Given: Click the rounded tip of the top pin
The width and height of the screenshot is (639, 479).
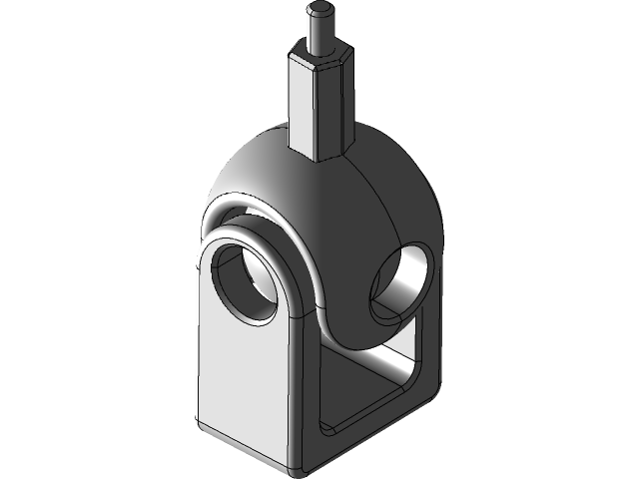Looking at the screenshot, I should tap(319, 12).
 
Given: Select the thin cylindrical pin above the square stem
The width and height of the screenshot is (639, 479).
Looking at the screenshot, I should tap(319, 33).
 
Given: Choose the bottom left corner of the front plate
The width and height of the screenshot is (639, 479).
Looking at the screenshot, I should tap(204, 424).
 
